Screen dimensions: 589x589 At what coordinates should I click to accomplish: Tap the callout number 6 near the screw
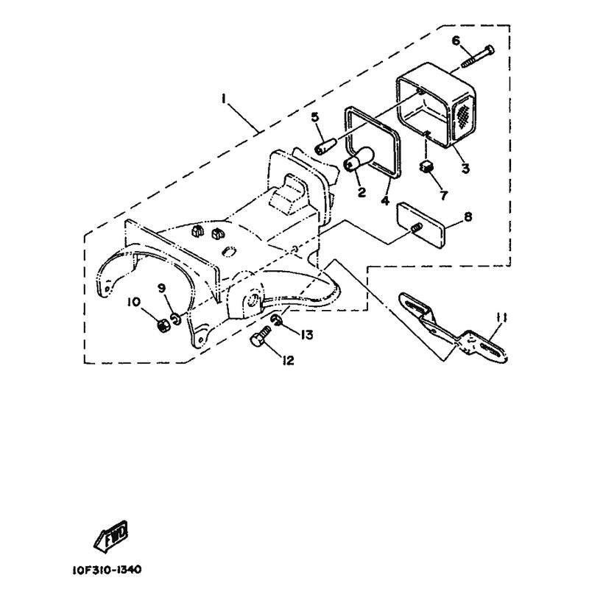456,40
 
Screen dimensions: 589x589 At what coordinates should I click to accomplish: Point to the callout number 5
315,117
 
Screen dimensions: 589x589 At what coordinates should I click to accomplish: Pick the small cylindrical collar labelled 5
325,146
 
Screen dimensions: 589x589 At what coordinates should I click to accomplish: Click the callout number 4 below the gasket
384,201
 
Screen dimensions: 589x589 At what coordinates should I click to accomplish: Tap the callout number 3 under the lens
465,169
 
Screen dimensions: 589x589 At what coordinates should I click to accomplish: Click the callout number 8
468,216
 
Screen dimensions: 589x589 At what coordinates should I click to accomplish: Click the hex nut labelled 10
163,325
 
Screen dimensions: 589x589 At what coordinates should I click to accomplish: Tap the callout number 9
162,288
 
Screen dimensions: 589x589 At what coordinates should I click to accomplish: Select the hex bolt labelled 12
261,336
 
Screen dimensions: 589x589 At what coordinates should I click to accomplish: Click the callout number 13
306,334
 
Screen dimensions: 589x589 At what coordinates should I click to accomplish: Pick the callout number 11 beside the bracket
501,319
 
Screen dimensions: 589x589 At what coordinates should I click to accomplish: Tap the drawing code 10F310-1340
107,569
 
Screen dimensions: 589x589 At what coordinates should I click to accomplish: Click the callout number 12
288,361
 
